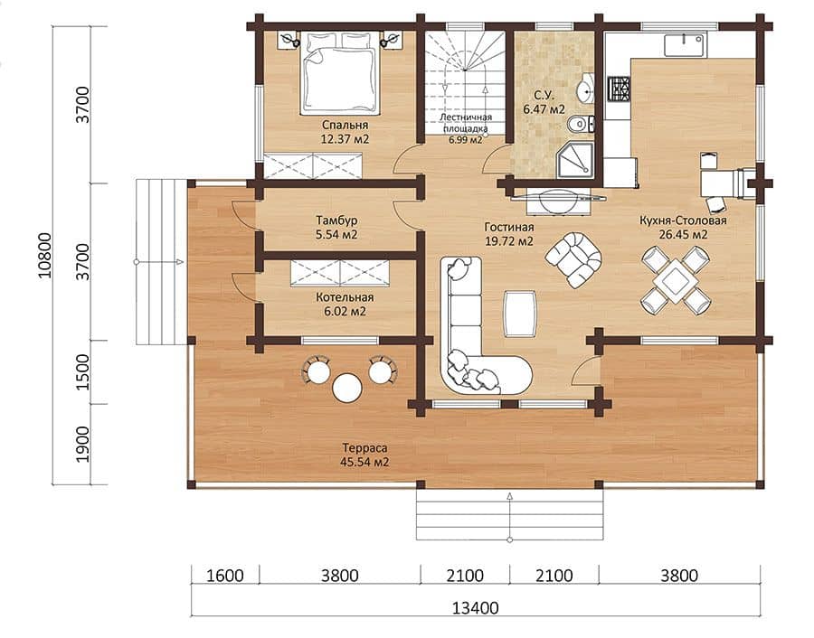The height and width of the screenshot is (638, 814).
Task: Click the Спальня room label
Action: (345, 125)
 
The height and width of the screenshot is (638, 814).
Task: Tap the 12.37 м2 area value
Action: (345, 139)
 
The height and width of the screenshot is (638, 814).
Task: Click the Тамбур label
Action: (336, 220)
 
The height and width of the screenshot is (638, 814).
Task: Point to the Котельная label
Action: (345, 297)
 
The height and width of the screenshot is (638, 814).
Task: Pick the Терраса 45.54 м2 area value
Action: (364, 462)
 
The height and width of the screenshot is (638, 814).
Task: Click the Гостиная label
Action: (508, 227)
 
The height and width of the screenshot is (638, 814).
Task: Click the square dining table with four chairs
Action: (675, 280)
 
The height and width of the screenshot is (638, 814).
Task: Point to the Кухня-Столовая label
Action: (683, 220)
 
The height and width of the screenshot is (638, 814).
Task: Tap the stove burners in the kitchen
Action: (620, 89)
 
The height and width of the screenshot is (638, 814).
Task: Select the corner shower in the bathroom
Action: (574, 160)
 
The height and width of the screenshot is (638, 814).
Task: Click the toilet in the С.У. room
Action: (580, 125)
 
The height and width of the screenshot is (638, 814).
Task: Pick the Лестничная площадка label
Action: (466, 123)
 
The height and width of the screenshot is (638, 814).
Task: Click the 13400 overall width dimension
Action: (476, 607)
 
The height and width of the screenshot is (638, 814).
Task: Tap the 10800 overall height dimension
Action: (45, 255)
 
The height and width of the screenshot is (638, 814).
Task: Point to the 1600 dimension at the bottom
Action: (225, 576)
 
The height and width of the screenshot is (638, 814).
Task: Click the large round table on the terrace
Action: (347, 388)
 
